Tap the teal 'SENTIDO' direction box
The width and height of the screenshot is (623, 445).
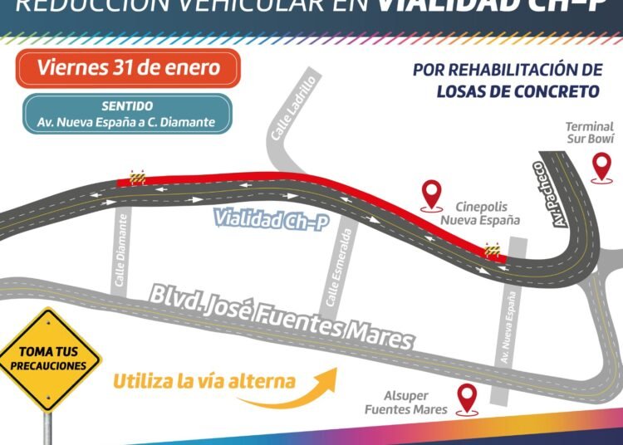click(127, 114)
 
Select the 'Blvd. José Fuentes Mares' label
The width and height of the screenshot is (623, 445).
click(280, 316)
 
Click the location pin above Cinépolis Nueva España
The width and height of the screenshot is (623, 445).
click(431, 193)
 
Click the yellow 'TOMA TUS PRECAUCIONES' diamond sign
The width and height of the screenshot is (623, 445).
click(49, 359)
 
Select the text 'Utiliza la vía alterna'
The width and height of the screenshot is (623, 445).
click(204, 381)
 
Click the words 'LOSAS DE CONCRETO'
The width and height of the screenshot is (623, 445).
click(518, 90)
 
